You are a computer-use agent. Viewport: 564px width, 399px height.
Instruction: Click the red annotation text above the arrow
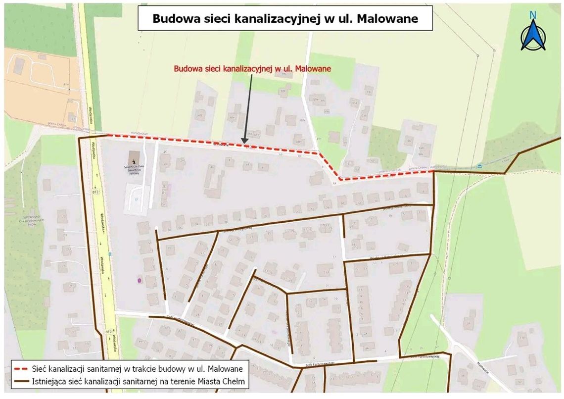[x=252, y=69]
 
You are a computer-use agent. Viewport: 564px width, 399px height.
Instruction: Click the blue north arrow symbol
[x=533, y=36]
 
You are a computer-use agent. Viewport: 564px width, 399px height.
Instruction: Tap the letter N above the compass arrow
[x=533, y=15]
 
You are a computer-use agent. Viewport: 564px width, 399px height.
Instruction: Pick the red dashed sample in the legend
[x=21, y=369]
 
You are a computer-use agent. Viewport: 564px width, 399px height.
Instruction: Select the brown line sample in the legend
[x=21, y=382]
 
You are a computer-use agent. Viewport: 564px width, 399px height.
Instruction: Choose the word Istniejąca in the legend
[x=49, y=382]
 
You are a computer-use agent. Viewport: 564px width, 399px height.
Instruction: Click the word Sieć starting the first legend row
[x=40, y=369]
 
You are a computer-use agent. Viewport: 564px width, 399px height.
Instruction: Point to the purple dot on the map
[x=140, y=280]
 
